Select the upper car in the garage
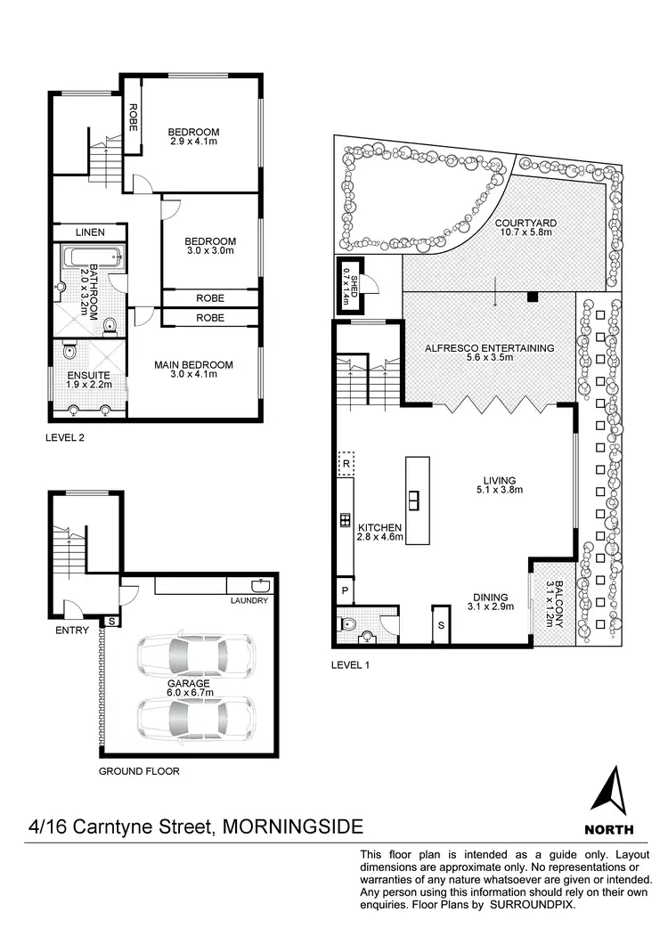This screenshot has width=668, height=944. pos(194,655)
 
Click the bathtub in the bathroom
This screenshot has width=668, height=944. pos(91,260)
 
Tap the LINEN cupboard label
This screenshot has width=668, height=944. pos(89,232)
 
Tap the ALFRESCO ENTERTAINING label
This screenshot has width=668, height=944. pos(489,354)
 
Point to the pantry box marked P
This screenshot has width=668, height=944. pos(345,590)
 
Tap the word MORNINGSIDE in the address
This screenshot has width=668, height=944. pos(292,826)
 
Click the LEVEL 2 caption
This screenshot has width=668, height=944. pos(70,438)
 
